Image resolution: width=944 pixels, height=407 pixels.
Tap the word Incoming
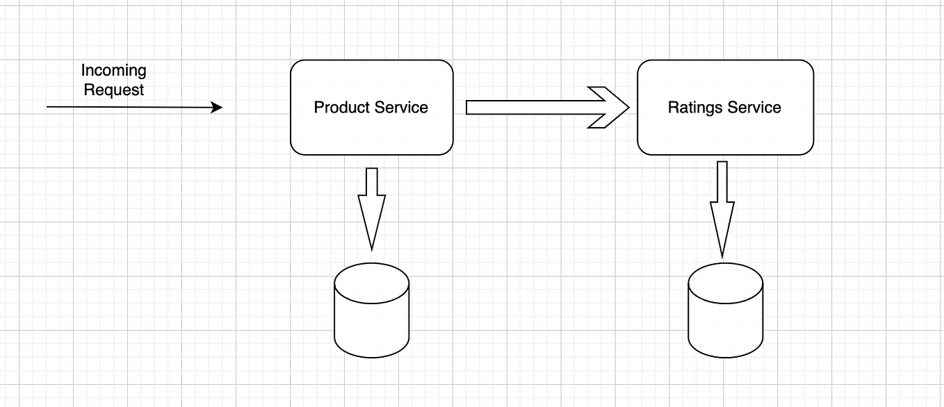[x=114, y=71]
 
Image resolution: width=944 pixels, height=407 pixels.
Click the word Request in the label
[x=114, y=90]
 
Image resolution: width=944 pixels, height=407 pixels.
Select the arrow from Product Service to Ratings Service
[x=528, y=107]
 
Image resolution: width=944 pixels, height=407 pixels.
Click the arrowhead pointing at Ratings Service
[x=612, y=107]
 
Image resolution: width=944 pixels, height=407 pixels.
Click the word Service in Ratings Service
[x=754, y=108]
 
